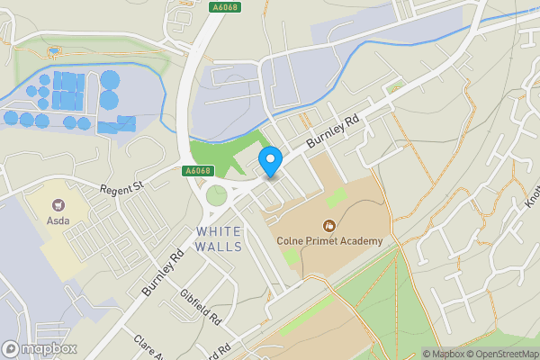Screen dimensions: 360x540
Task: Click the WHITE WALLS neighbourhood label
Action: click(x=219, y=239)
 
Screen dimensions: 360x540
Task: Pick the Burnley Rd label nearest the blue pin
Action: click(x=333, y=131)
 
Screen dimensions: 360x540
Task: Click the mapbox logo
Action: click(x=40, y=348)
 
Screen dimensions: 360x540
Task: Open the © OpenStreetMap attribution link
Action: click(x=499, y=354)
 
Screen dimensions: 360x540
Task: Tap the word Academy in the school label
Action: click(x=363, y=240)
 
